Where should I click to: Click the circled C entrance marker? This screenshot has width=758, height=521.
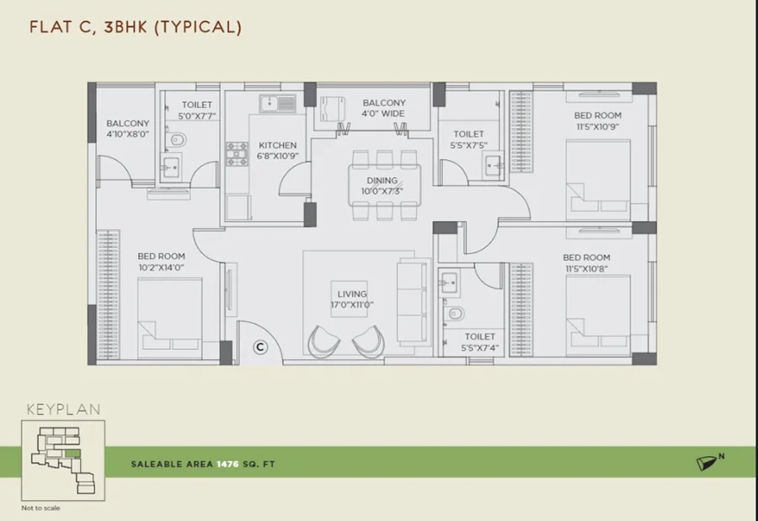(260, 346)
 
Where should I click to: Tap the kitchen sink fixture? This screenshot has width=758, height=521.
(277, 104)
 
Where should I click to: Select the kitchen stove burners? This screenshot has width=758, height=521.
(237, 153)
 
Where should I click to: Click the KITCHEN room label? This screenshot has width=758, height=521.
(277, 145)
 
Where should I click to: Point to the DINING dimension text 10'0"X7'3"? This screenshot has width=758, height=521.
(382, 191)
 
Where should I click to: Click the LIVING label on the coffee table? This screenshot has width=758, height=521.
(352, 293)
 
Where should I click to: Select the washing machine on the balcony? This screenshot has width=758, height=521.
(333, 109)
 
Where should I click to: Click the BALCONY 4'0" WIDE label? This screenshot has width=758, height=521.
(384, 108)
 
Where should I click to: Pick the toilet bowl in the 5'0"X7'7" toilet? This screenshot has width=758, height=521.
(178, 140)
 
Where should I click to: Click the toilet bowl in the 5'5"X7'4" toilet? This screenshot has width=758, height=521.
(455, 314)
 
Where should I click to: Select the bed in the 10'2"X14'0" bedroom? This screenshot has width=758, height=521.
(169, 318)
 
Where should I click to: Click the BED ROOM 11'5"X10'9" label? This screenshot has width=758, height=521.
(597, 121)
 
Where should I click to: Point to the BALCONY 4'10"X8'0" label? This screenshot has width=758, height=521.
(128, 129)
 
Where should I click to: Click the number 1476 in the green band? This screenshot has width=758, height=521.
(227, 464)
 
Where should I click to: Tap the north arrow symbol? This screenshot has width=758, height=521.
(707, 463)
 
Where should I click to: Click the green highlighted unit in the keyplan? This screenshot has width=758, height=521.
(72, 454)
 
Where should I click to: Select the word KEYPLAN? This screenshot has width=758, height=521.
(64, 410)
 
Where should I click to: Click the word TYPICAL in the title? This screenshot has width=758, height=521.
(198, 27)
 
